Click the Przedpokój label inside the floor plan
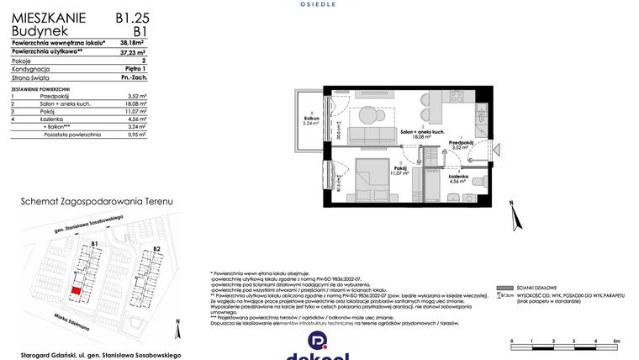[461, 143]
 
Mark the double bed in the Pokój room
[367, 178]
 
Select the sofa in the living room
[367, 135]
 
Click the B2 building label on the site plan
[156, 250]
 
